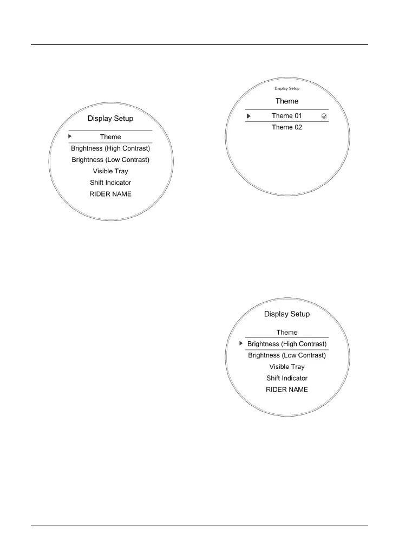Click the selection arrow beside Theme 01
coord(248,116)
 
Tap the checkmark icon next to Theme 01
coord(324,116)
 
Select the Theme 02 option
coord(287,127)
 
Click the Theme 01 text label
coord(287,116)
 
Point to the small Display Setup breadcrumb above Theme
coord(287,88)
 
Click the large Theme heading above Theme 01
coord(287,101)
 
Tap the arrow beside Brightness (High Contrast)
coord(241,343)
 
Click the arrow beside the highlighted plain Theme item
coord(70,136)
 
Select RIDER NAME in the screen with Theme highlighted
coord(110,194)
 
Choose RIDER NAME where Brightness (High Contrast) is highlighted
coord(287,389)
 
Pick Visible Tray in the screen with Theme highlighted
coord(110,171)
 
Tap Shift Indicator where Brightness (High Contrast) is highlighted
coord(287,378)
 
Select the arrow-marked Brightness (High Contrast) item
coord(287,344)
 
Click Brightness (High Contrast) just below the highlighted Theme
coord(110,148)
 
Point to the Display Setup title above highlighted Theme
coord(110,119)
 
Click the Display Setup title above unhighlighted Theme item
coord(287,314)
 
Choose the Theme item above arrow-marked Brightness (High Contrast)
coord(287,333)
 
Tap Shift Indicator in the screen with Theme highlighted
coord(110,183)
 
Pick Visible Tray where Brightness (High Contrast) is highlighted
coord(287,367)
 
